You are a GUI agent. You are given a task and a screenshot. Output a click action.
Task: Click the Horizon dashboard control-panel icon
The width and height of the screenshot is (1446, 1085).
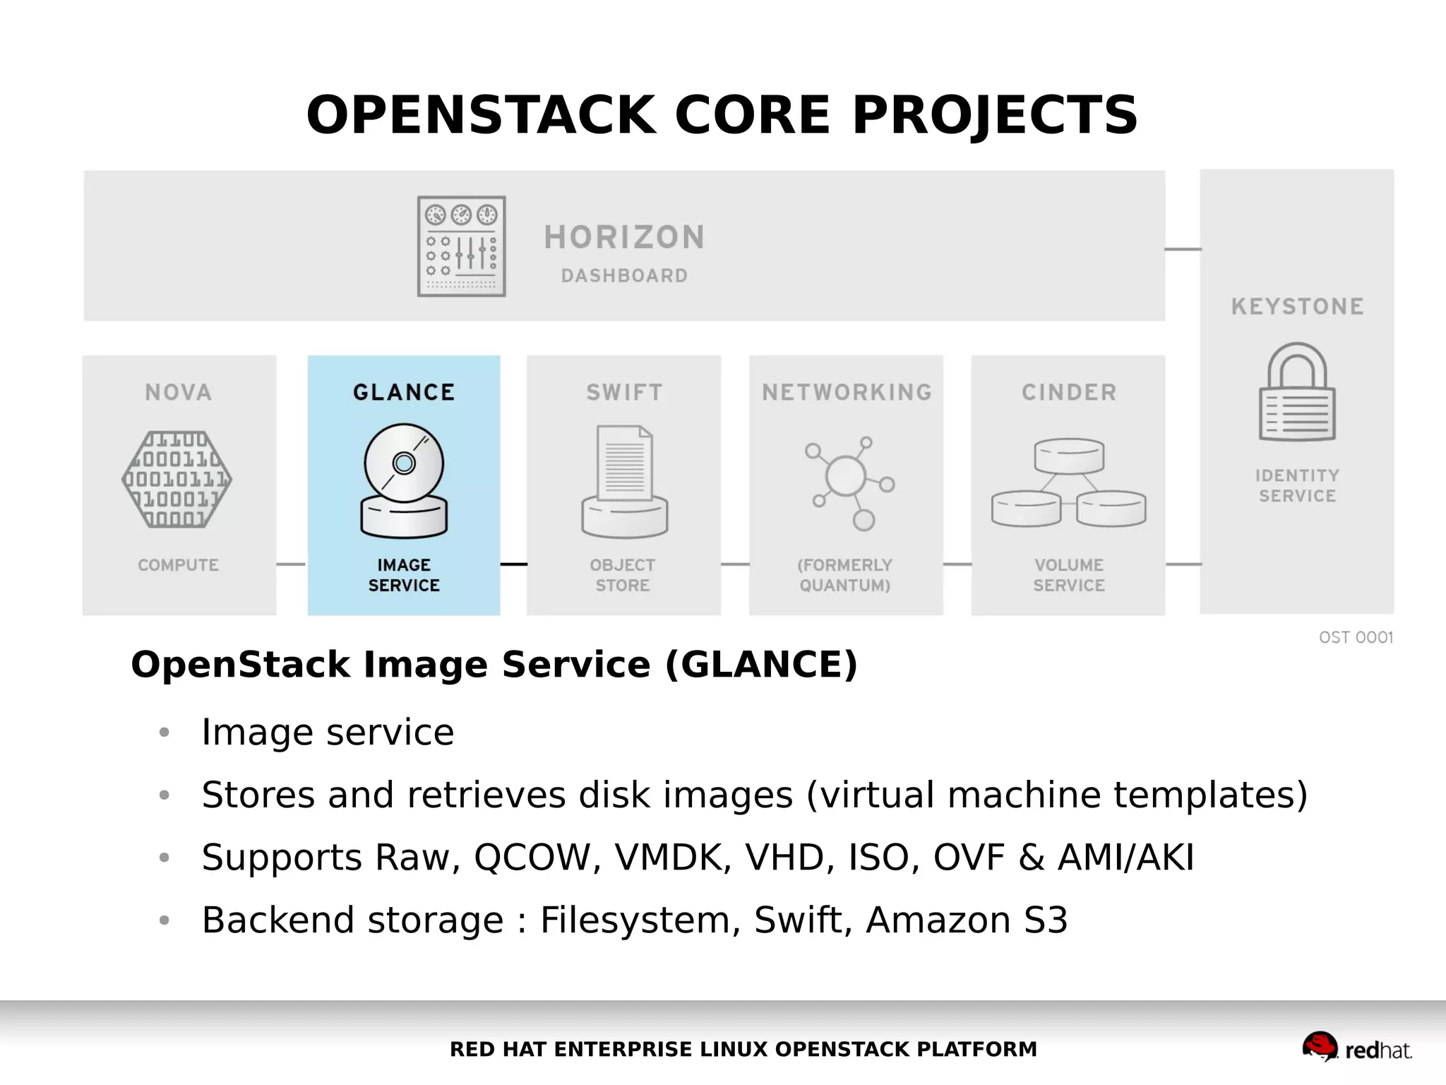pyautogui.click(x=461, y=246)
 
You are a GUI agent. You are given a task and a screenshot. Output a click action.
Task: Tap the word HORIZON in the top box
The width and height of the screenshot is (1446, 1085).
pyautogui.click(x=624, y=237)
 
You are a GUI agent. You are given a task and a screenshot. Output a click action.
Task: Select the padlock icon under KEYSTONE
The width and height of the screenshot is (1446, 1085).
pyautogui.click(x=1297, y=392)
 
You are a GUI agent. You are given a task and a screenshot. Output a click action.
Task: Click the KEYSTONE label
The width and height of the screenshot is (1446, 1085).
pyautogui.click(x=1297, y=307)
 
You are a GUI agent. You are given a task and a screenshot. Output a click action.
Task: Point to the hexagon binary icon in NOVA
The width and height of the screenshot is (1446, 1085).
pyautogui.click(x=177, y=480)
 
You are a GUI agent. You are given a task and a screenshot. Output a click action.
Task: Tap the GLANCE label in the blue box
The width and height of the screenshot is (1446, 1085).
pyautogui.click(x=404, y=392)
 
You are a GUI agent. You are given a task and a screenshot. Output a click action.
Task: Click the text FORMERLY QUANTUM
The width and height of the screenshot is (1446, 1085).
pyautogui.click(x=844, y=575)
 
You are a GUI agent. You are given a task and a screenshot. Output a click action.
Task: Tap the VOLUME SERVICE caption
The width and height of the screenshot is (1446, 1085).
pyautogui.click(x=1068, y=575)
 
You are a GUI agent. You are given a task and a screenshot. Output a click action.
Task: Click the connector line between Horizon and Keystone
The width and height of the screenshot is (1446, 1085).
pyautogui.click(x=1183, y=249)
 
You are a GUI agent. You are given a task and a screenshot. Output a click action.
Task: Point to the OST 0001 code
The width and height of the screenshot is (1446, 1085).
pyautogui.click(x=1356, y=637)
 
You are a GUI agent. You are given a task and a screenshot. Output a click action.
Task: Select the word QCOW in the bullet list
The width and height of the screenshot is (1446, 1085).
pyautogui.click(x=531, y=858)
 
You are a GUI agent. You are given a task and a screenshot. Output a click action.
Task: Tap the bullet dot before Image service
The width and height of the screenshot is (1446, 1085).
pyautogui.click(x=165, y=733)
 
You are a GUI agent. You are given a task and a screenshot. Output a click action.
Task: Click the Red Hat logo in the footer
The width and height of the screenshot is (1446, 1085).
pyautogui.click(x=1356, y=1048)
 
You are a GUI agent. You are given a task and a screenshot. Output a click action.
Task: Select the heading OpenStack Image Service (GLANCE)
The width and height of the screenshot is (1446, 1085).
pyautogui.click(x=494, y=665)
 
